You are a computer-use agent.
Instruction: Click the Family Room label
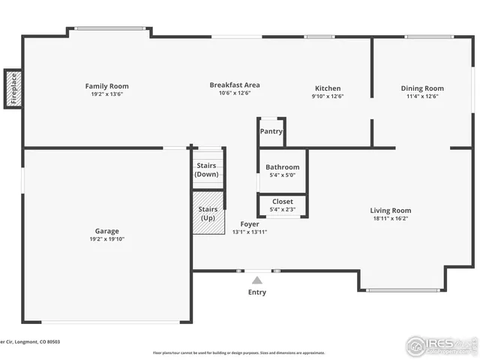pos(106,86)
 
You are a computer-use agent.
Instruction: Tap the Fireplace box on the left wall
pos(13,88)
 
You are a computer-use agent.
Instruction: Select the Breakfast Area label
pos(234,85)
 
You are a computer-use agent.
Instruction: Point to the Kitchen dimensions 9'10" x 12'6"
pos(327,96)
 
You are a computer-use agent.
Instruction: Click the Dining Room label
pos(422,88)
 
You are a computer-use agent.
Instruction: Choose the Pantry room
pos(271,131)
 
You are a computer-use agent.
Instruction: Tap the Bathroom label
pos(283,167)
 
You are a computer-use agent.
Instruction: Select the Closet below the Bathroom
pos(283,202)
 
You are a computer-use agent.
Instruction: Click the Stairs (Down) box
pos(206,169)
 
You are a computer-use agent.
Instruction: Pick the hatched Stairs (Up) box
pos(208,213)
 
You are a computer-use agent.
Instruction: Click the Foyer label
pos(250,223)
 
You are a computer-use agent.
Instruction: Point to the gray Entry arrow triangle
pos(257,280)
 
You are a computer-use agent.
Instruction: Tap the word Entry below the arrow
pos(257,292)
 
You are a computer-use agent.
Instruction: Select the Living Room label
pos(390,211)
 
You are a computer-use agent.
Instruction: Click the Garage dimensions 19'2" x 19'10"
pos(106,239)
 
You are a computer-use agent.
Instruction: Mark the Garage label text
pos(106,231)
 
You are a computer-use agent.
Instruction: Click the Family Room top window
pos(110,29)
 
